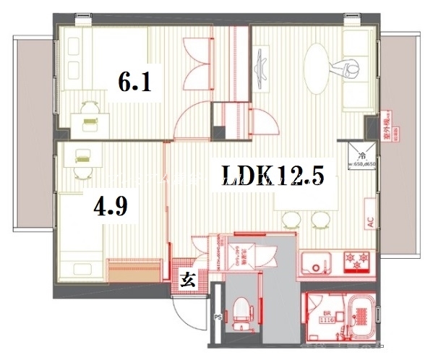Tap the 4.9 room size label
coord(111,207)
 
